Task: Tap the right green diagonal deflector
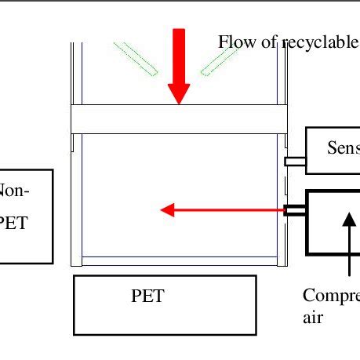click(220, 59)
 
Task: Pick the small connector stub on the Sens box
click(295, 161)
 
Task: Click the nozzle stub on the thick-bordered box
click(295, 210)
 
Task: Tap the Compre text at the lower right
click(331, 296)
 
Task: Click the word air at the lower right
click(311, 318)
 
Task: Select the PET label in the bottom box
click(147, 296)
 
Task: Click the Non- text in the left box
click(14, 191)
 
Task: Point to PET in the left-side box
click(13, 223)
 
